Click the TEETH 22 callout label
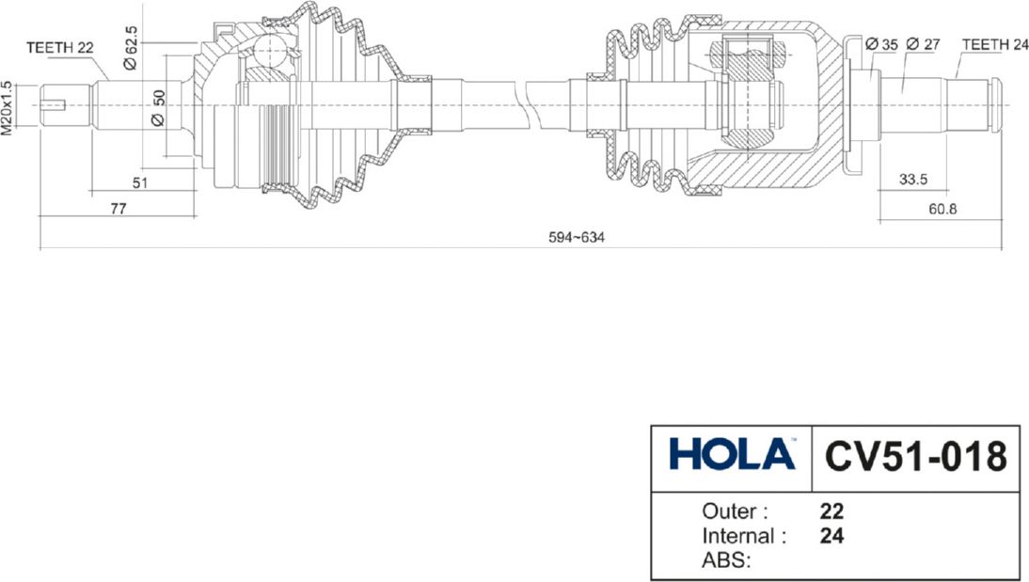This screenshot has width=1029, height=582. click(59, 48)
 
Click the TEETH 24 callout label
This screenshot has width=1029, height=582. click(995, 44)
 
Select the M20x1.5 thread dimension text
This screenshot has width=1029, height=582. click(8, 108)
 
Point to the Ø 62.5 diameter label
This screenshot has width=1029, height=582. click(130, 48)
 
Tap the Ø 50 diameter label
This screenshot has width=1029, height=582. click(158, 107)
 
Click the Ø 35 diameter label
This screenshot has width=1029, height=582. click(881, 44)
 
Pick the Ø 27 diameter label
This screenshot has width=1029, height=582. click(923, 44)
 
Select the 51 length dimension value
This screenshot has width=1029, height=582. click(140, 183)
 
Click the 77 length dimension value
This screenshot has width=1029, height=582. click(119, 209)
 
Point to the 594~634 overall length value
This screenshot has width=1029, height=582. click(577, 238)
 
